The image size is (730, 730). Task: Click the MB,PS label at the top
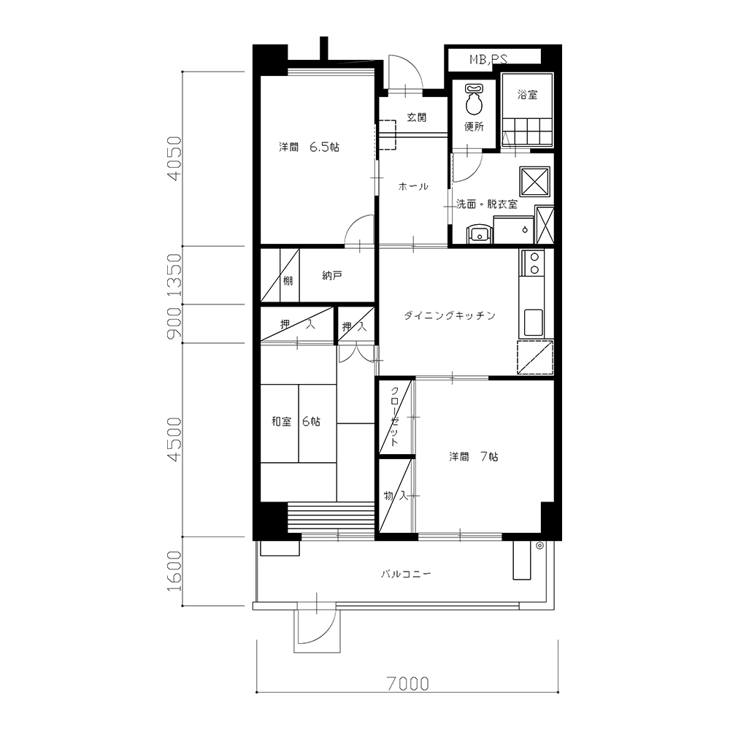tap(488, 59)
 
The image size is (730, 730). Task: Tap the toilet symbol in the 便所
tap(474, 99)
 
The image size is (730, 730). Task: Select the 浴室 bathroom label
tap(527, 95)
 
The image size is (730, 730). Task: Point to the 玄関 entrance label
tap(416, 118)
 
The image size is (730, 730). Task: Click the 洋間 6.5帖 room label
tap(309, 147)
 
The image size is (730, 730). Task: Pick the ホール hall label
tap(413, 187)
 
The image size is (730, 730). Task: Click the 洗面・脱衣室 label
tap(486, 204)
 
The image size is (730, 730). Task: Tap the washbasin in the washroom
tap(478, 234)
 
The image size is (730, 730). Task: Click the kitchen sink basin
tap(533, 323)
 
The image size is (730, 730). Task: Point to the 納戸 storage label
tap(332, 276)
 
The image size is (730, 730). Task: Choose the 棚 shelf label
tap(288, 281)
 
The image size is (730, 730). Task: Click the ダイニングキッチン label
tap(449, 315)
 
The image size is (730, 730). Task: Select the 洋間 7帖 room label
tap(474, 457)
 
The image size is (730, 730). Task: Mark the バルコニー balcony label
tap(406, 574)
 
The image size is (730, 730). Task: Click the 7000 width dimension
tap(408, 683)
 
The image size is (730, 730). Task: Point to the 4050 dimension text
tap(174, 158)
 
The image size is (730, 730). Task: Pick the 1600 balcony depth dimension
tap(174, 571)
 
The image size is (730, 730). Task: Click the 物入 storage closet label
tap(396, 496)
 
